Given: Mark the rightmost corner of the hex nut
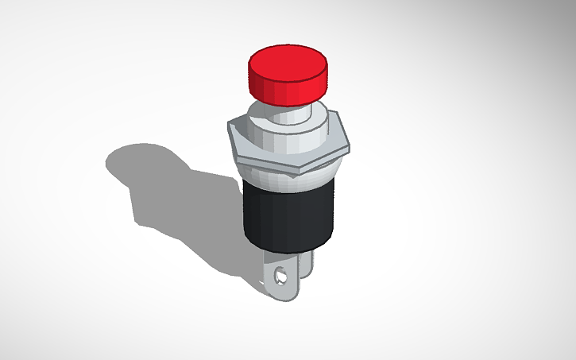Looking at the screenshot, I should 349,145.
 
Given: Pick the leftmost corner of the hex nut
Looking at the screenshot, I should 228,126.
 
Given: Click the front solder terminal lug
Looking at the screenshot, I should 282,278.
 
